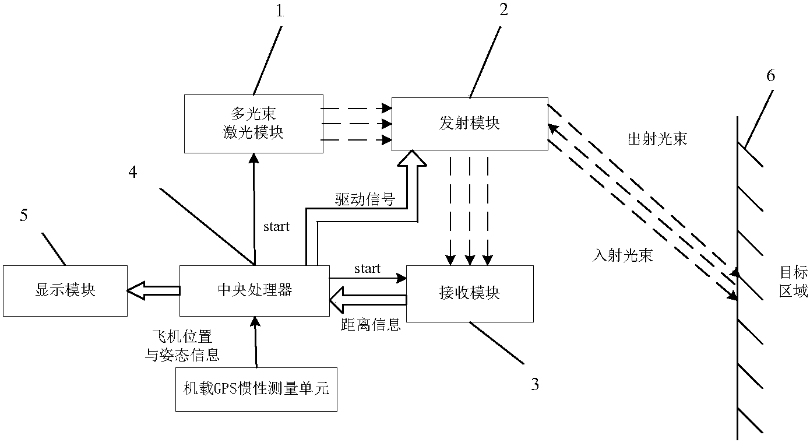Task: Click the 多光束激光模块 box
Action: click(x=253, y=124)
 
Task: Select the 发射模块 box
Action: click(x=469, y=123)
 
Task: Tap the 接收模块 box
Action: click(x=470, y=293)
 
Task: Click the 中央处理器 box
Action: click(x=253, y=290)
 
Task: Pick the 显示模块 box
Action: click(x=65, y=290)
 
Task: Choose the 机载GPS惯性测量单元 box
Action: click(x=256, y=389)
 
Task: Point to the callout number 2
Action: click(x=503, y=10)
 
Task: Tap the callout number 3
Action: click(x=534, y=384)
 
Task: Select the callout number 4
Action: click(x=133, y=173)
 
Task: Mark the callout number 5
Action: click(x=23, y=215)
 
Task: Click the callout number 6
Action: click(x=770, y=76)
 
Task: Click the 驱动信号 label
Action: click(x=365, y=200)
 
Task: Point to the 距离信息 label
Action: click(x=370, y=325)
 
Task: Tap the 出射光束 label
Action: click(x=657, y=139)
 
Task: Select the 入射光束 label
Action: click(x=622, y=255)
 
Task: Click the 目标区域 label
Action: click(x=793, y=281)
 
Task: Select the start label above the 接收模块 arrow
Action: click(x=367, y=269)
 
